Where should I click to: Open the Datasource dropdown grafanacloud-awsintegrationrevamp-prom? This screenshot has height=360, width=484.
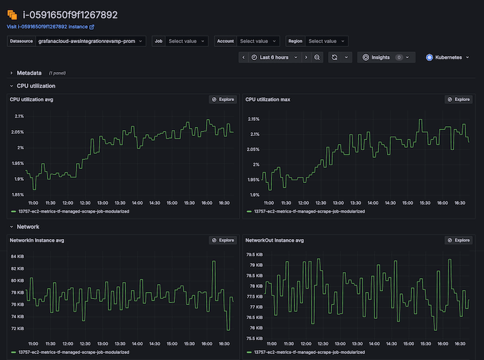coord(91,41)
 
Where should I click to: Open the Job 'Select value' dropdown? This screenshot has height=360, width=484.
coord(182,41)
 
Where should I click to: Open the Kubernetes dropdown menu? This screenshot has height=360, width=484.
coord(448,57)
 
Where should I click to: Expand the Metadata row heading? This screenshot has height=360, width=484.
coord(29,73)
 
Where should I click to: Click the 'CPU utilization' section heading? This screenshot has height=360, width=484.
coord(36,86)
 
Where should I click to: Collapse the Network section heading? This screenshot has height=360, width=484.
coord(28,227)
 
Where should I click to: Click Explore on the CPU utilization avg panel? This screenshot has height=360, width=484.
coord(223,100)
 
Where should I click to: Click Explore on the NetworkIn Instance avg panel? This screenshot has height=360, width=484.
coord(223,240)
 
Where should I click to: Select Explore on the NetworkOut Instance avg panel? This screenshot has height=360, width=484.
coord(458,240)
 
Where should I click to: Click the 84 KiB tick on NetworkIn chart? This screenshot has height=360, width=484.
coord(17,257)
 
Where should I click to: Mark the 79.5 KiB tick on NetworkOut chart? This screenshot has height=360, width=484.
coord(254,254)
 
